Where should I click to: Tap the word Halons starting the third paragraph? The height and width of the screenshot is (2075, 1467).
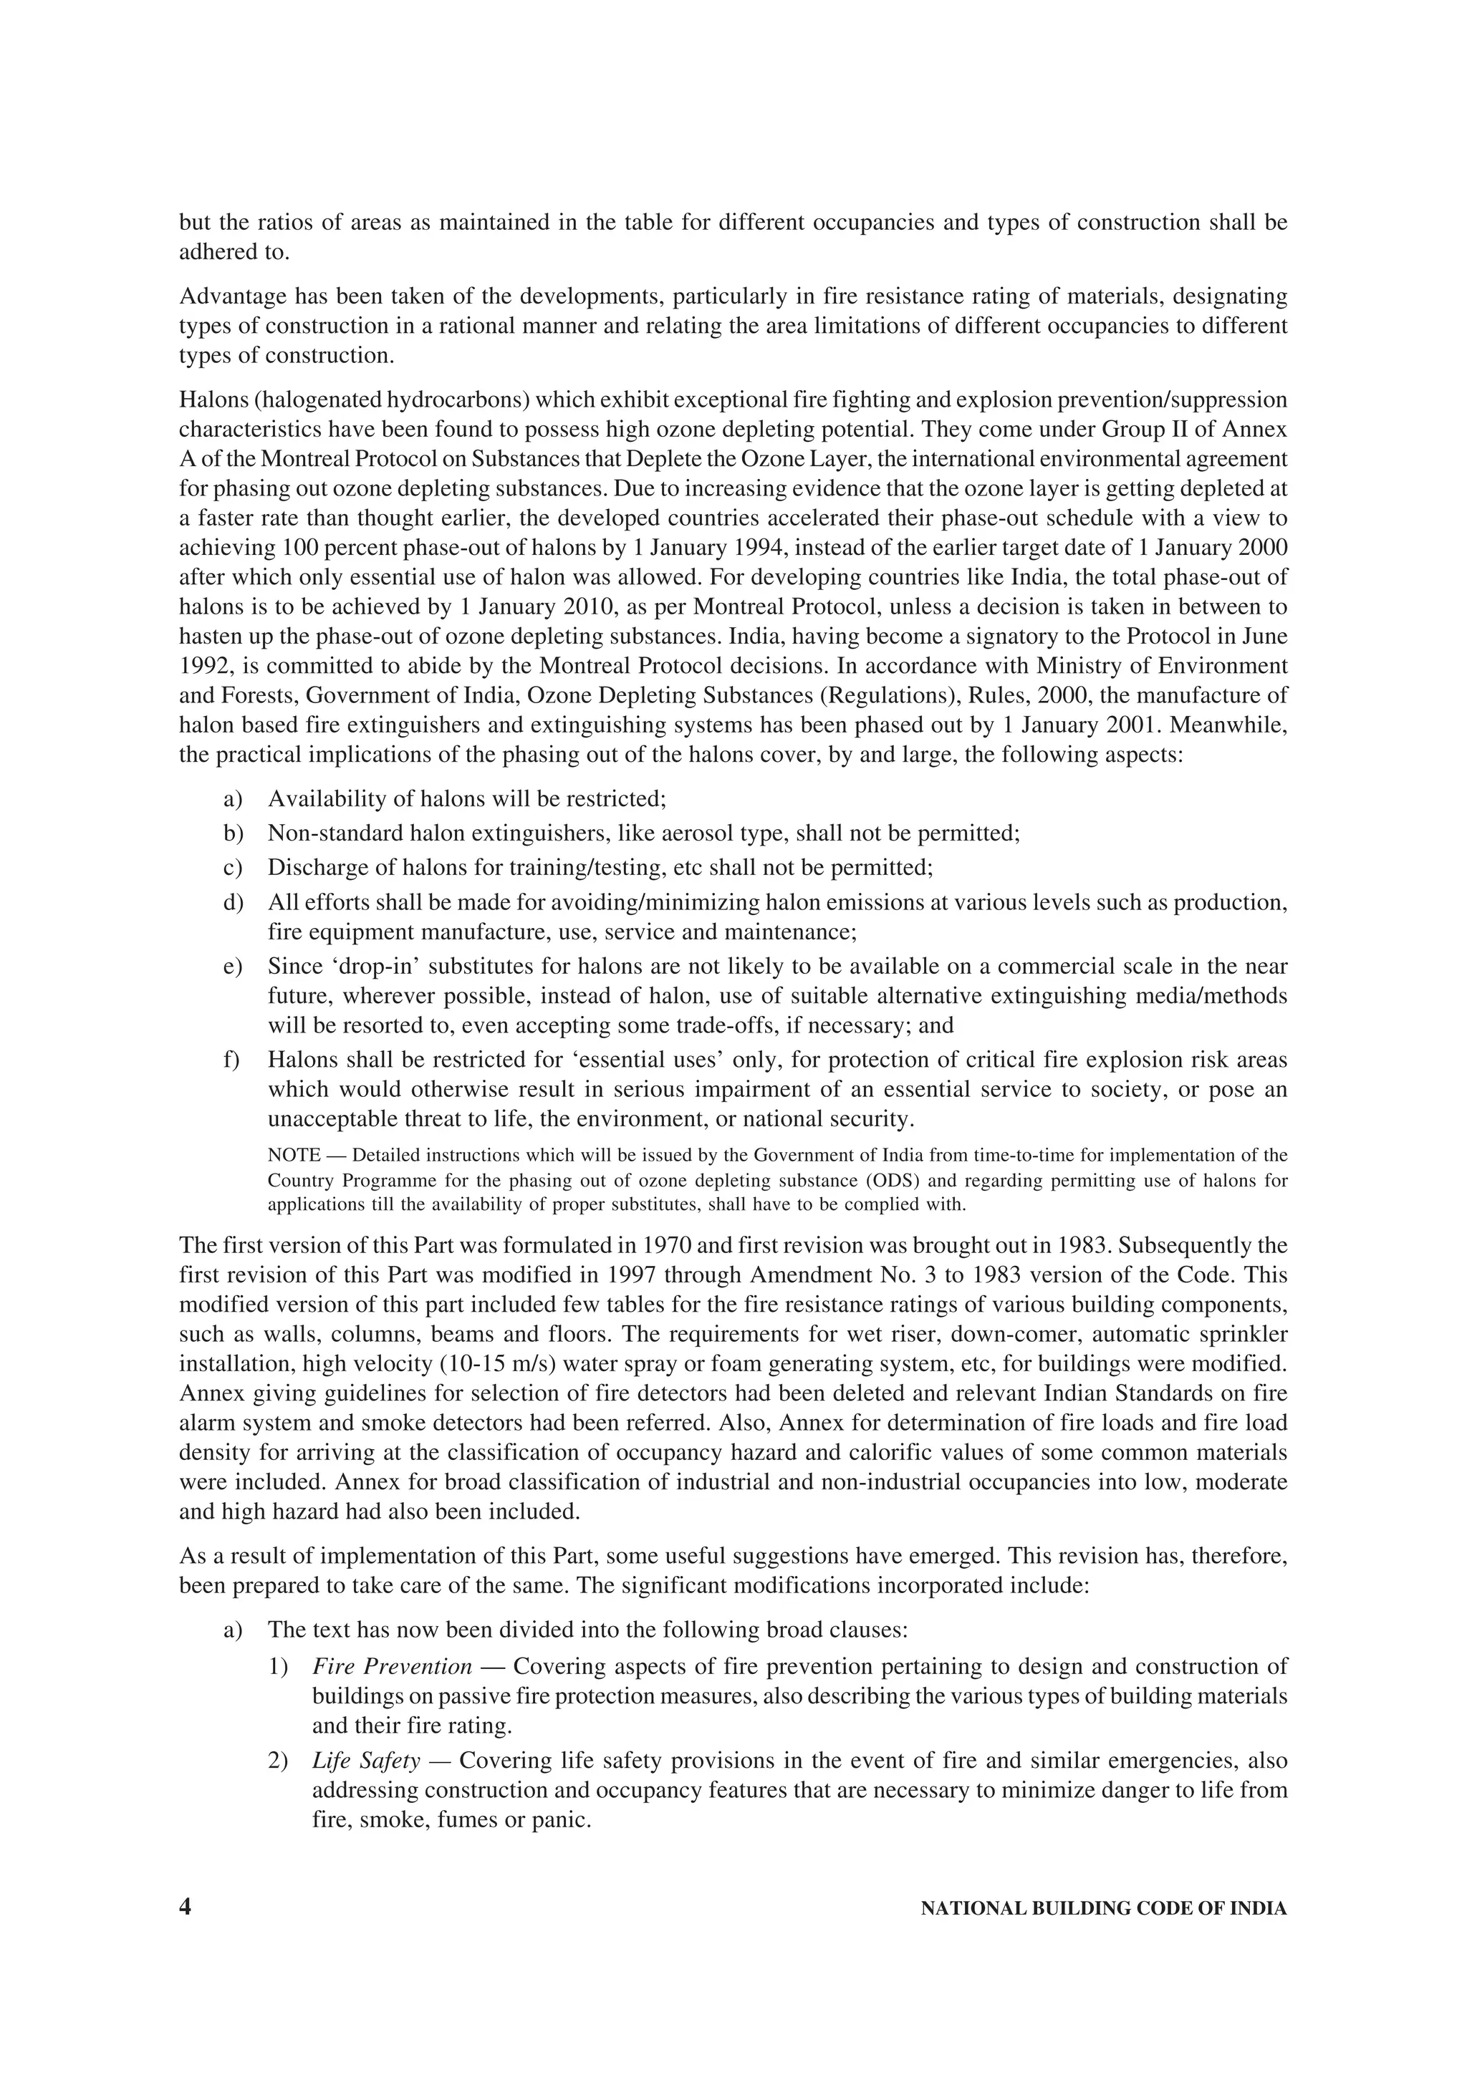(x=208, y=400)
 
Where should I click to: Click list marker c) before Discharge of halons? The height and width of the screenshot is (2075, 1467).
(x=232, y=869)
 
